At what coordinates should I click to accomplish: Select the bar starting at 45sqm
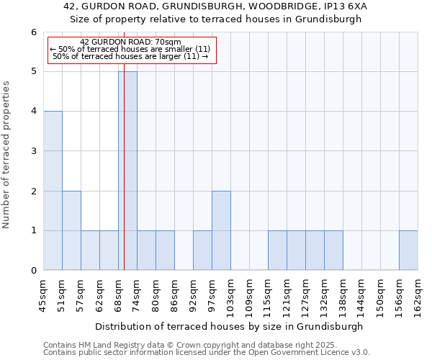pos(53,191)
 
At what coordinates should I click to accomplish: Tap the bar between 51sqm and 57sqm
pos(71,230)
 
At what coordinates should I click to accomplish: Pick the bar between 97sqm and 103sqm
pos(221,230)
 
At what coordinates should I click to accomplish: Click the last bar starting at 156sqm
pos(408,251)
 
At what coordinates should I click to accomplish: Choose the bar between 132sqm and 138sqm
pos(333,251)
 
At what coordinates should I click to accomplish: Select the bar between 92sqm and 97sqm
pos(202,251)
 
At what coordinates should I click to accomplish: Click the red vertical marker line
pos(124,180)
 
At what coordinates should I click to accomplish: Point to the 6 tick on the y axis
pos(33,32)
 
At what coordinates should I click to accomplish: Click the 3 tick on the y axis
pos(33,151)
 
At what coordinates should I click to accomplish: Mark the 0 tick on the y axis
pos(33,271)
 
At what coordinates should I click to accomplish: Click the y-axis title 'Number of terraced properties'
pos(6,155)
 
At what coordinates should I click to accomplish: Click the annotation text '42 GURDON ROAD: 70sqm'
pos(131,42)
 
